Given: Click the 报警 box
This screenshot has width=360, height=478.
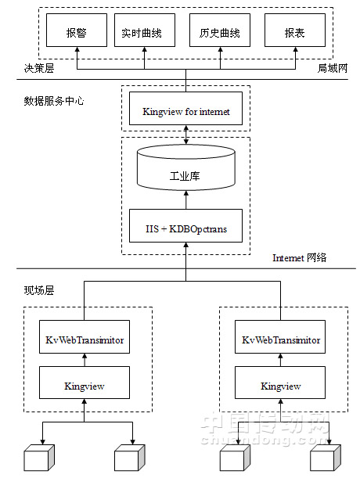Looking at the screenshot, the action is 77,31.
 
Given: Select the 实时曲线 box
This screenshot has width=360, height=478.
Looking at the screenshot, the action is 145,31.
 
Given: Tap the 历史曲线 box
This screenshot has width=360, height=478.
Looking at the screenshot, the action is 220,31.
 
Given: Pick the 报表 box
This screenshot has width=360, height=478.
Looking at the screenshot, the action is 295,31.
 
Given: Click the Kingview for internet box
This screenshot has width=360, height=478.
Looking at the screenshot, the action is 185,109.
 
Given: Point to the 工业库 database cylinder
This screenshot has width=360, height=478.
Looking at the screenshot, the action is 185,167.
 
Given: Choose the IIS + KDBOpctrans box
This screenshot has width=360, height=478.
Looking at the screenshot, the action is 185,226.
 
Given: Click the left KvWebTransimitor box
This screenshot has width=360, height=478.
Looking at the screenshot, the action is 85,337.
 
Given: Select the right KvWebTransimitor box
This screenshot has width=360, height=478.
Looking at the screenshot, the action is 280,337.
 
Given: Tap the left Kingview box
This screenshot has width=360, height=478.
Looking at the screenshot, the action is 85,383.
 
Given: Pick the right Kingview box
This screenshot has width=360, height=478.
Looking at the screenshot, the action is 280,383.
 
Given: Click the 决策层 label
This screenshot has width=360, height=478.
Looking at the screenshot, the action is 39,68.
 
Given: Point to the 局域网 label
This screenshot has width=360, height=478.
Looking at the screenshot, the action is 333,68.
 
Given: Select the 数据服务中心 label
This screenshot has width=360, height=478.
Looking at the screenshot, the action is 54,101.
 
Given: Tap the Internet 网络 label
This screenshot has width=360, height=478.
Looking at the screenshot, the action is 299,258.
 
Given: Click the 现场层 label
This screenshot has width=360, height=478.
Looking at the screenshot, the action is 39,290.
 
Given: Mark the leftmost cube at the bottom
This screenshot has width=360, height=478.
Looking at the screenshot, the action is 39,458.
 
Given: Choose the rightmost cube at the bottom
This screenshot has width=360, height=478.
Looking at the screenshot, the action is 326,458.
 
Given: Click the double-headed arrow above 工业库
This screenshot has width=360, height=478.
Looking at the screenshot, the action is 185,135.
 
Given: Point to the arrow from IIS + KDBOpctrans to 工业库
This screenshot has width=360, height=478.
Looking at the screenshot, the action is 185,200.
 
